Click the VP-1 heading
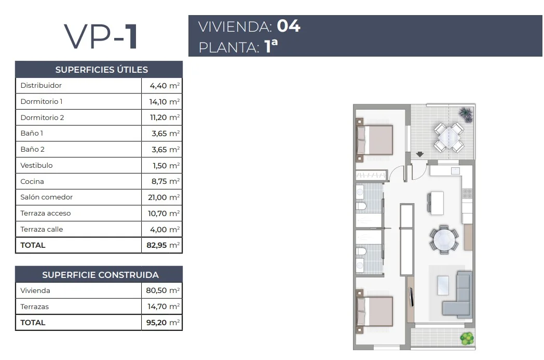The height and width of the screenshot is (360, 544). [x=101, y=36]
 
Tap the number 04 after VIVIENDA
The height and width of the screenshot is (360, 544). [x=289, y=26]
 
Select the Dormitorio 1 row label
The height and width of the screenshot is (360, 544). [x=42, y=101]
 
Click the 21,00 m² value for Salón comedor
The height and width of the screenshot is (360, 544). [x=164, y=197]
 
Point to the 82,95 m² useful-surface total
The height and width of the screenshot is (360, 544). [x=163, y=245]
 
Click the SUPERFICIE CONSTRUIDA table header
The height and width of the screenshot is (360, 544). [x=100, y=275]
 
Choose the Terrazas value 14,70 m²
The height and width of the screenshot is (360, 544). [x=164, y=306]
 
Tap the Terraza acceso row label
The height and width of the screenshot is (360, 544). [x=46, y=213]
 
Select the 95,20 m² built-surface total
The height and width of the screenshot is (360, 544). [x=163, y=323]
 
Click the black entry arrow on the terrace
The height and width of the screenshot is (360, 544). [x=420, y=154]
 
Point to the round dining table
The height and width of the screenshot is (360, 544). [x=444, y=239]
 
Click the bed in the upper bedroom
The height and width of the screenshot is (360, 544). [x=375, y=140]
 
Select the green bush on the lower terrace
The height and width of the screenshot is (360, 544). [x=467, y=339]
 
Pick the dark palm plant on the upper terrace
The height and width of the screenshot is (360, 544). [x=466, y=114]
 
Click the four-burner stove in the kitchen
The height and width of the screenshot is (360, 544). [x=467, y=193]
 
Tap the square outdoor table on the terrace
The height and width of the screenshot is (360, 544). [x=448, y=137]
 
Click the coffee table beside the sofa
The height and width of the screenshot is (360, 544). [x=443, y=285]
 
